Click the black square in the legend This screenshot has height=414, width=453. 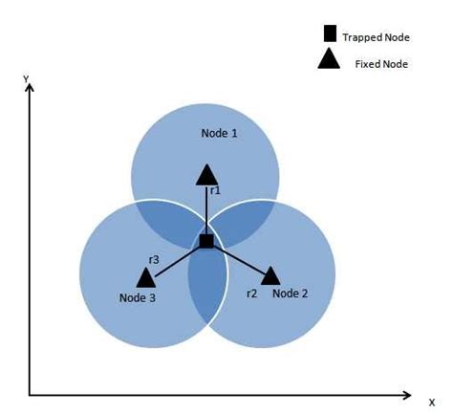click(330, 33)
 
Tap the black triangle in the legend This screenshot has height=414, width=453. click(329, 59)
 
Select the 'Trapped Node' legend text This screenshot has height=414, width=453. click(376, 37)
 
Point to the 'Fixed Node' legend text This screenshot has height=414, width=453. click(381, 64)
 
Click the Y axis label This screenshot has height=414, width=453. click(26, 79)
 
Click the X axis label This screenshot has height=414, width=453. click(432, 403)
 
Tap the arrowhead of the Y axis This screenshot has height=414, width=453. click(30, 87)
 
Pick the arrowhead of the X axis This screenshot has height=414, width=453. click(407, 396)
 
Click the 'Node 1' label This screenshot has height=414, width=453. click(219, 133)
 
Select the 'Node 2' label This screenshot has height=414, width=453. click(291, 294)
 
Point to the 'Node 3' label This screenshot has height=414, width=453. click(138, 297)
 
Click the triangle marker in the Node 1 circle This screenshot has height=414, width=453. click(207, 175)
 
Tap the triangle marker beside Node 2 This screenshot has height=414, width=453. click(270, 275)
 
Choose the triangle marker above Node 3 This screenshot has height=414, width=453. click(146, 277)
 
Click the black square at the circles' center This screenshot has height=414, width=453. click(206, 241)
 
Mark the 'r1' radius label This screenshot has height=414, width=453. click(215, 190)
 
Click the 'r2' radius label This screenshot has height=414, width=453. click(251, 294)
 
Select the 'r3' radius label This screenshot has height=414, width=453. click(154, 260)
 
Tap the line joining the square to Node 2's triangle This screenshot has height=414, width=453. click(239, 259)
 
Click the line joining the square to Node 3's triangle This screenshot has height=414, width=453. click(178, 261)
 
